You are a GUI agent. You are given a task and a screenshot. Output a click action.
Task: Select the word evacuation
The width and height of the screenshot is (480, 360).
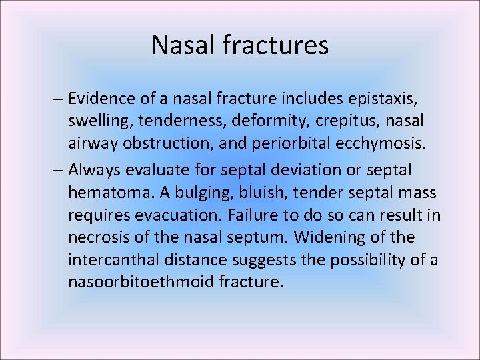(x=188, y=215)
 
